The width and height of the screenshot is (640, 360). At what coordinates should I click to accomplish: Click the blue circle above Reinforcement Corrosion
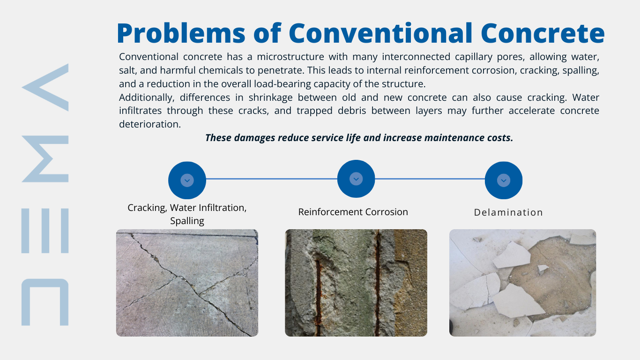pos(356,179)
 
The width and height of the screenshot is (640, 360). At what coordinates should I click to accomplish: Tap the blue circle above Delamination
pos(504,180)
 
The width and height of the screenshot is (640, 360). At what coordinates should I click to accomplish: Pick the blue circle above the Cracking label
pos(187,180)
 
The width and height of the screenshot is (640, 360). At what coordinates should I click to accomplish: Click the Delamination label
pos(508,212)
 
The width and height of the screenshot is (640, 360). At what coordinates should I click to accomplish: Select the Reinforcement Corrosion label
pos(353,212)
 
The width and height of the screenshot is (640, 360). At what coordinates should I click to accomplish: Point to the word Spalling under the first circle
pos(187,221)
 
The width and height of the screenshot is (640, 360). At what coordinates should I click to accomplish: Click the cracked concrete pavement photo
pos(187,283)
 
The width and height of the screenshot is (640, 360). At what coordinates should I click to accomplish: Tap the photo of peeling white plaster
pos(522,283)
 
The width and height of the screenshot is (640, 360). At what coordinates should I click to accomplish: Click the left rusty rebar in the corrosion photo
pos(318,291)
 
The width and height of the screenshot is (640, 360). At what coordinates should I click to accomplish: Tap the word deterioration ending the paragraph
pos(149,124)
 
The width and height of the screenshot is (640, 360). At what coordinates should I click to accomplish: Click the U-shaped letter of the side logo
pos(45,302)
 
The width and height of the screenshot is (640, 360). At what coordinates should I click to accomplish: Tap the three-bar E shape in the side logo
pos(45,231)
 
